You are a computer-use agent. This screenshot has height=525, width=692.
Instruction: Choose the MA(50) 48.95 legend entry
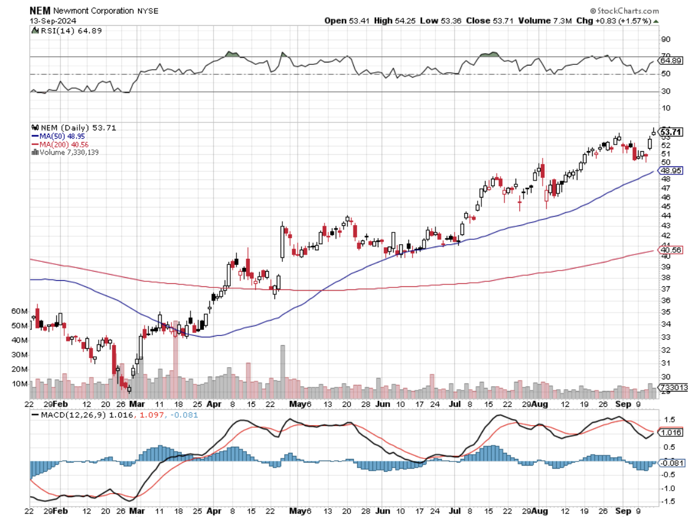click(58, 136)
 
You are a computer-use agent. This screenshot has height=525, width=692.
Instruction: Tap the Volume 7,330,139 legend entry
click(67, 152)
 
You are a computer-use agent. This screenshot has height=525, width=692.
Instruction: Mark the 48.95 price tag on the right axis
click(671, 171)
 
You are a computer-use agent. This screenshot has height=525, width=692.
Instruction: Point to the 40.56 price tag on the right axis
click(671, 250)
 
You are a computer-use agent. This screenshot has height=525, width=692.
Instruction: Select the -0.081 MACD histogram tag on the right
click(671, 463)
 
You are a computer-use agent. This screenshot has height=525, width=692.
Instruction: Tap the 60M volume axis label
click(20, 311)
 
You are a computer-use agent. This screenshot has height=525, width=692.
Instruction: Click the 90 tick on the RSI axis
click(666, 39)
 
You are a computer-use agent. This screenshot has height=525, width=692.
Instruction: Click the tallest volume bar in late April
click(282, 372)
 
